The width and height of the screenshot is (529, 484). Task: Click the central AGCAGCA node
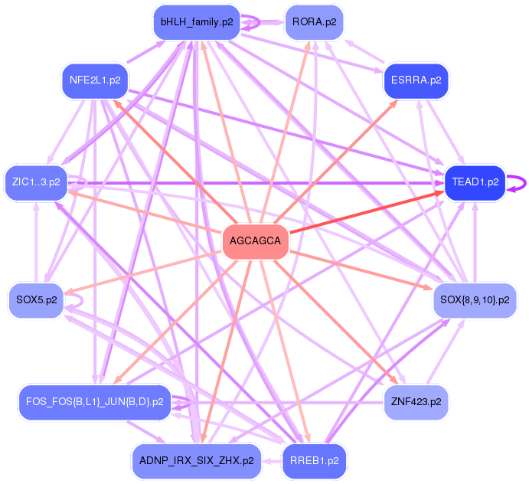point(255,242)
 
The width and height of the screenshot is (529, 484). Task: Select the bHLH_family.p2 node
point(197,21)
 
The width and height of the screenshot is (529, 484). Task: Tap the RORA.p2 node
point(314,21)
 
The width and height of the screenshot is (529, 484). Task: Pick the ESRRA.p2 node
point(416,80)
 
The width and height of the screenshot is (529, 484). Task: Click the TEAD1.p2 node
point(475,182)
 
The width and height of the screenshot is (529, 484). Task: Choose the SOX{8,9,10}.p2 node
point(475,299)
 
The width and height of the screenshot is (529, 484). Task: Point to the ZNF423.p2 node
point(416,401)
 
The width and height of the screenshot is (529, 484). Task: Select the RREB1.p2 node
point(315,461)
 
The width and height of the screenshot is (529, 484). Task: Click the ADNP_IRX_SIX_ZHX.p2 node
point(197,461)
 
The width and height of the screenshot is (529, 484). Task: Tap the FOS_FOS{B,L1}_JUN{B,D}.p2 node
point(94,401)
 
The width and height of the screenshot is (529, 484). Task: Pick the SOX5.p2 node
point(36,299)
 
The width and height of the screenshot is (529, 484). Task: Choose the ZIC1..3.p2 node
point(35,182)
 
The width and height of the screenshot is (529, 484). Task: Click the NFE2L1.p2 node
point(94,80)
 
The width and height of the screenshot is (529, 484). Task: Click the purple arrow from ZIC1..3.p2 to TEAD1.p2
point(253,183)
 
